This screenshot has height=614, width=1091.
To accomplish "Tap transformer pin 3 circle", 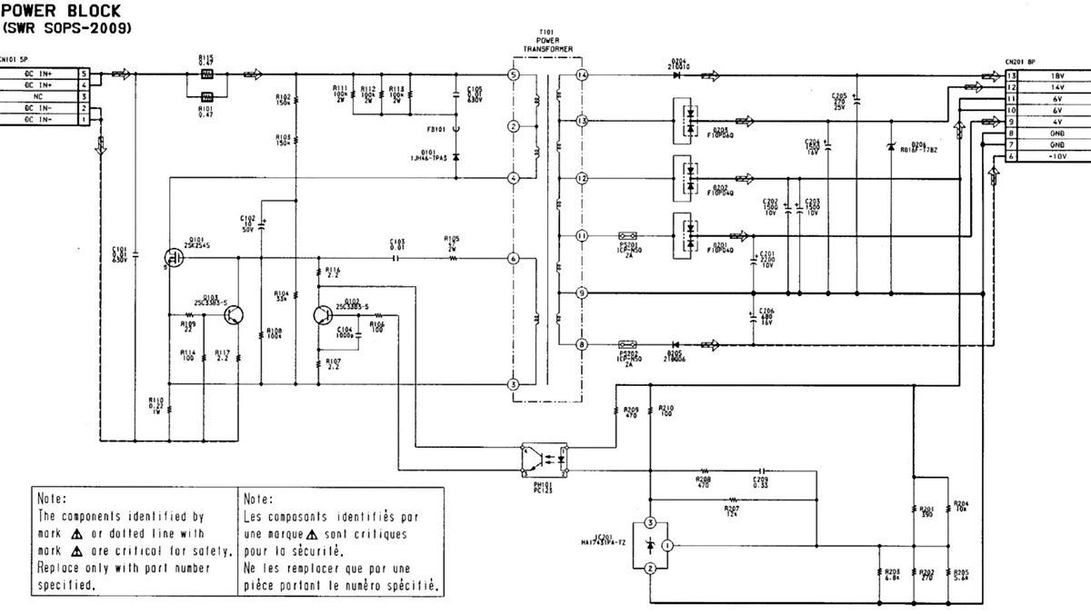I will (514, 384).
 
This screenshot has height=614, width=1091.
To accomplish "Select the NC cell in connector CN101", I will (38, 96).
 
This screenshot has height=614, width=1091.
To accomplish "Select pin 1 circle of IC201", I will (666, 545).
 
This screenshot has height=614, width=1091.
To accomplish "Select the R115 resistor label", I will (206, 57).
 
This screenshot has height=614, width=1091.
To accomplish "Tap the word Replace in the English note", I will (59, 569).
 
